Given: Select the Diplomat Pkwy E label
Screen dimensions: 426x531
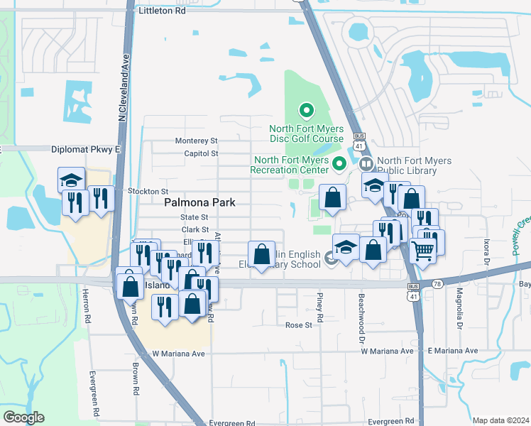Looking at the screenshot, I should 87,150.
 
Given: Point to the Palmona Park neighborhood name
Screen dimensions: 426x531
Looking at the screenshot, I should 199,202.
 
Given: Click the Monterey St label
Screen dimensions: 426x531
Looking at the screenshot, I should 196,141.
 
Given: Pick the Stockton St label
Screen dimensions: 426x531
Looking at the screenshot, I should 148,192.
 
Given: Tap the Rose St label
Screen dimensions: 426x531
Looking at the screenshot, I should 298,325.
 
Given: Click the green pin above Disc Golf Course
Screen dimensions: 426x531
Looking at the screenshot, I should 306,111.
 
